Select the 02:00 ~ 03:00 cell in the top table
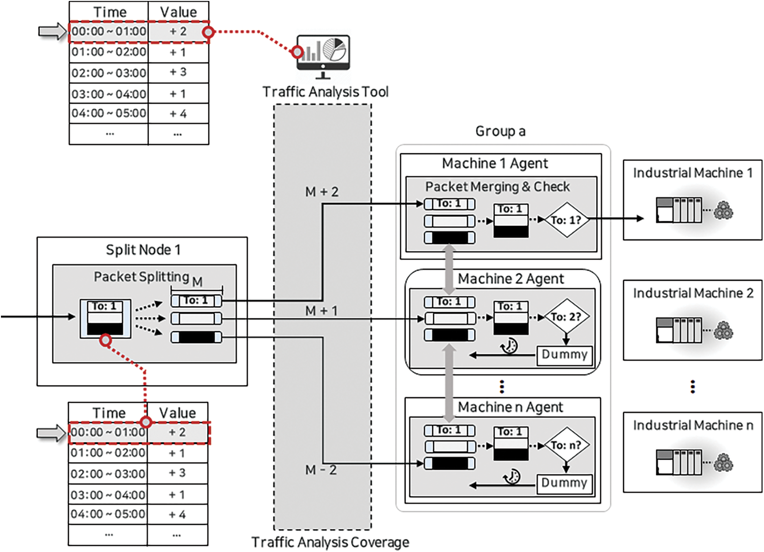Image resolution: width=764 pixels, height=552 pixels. tap(109, 73)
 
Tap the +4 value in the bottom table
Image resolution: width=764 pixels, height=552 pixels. tap(177, 514)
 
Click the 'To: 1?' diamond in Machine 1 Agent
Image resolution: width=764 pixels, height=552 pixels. tap(566, 220)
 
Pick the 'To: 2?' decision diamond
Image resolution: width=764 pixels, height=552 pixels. tap(566, 317)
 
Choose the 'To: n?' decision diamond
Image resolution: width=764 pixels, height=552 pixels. tap(566, 445)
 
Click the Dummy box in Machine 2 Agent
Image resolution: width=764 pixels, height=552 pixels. tap(564, 355)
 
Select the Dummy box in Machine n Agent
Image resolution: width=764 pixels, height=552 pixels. tap(564, 483)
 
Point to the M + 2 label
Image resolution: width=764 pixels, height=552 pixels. tap(322, 192)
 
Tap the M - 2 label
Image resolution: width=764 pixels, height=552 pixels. tap(321, 470)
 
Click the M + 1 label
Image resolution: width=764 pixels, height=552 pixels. tap(321, 311)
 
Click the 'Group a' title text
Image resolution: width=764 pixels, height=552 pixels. tap(500, 131)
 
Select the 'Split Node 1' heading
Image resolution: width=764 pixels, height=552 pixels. tap(143, 250)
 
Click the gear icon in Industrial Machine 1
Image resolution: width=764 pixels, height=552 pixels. tap(724, 210)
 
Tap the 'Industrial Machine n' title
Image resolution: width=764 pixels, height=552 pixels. tap(693, 425)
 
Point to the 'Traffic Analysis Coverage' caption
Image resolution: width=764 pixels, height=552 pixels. tap(330, 542)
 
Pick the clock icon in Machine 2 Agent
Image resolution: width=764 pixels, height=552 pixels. tap(509, 345)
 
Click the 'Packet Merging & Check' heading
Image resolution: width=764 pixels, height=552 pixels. tap(497, 187)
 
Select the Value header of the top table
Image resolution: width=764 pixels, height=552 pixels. tap(179, 12)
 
